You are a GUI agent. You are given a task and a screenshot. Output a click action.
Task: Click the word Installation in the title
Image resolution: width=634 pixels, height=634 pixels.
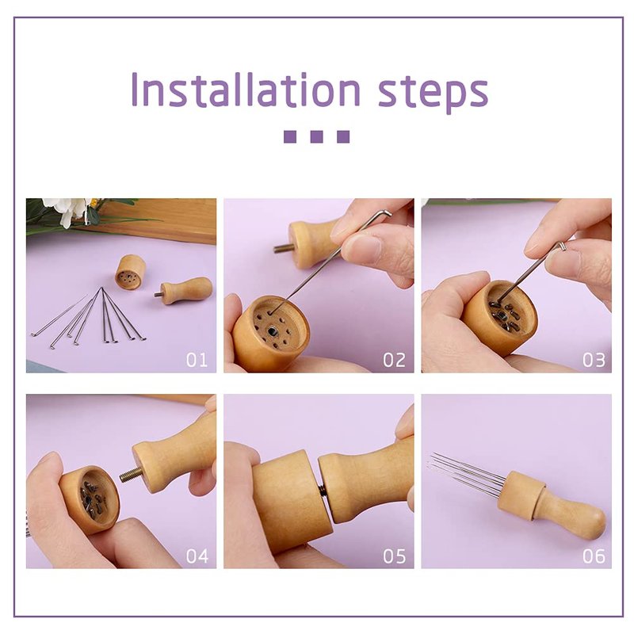point(246,90)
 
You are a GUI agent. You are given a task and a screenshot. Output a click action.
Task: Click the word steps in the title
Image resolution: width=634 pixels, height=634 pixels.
point(433,93)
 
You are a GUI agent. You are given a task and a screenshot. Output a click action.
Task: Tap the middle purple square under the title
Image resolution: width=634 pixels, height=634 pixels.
point(316,136)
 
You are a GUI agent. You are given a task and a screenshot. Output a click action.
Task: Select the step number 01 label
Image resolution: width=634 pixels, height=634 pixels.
point(197,360)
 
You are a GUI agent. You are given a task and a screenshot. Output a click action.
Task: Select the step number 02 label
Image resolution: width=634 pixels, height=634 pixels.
point(394,360)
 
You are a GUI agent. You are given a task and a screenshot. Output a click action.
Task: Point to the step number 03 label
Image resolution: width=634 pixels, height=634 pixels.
point(594,360)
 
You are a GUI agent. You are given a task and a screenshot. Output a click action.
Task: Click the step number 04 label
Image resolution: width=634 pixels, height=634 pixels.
point(197,556)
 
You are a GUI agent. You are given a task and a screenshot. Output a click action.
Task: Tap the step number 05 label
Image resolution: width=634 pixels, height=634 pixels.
point(394,556)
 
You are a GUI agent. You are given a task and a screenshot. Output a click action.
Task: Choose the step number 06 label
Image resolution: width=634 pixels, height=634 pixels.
point(594,556)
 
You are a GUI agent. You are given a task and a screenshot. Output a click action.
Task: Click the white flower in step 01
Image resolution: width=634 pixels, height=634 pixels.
point(69,210)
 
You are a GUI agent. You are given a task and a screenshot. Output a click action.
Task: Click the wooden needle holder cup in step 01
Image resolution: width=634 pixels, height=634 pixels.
point(130,272)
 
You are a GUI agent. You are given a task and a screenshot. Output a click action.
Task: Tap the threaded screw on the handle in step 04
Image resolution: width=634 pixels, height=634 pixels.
point(131,474)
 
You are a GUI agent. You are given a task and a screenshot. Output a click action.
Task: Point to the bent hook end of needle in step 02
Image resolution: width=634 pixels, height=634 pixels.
point(387,212)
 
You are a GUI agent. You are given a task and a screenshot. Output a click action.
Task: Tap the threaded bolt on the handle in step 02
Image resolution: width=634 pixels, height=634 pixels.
point(281,248)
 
